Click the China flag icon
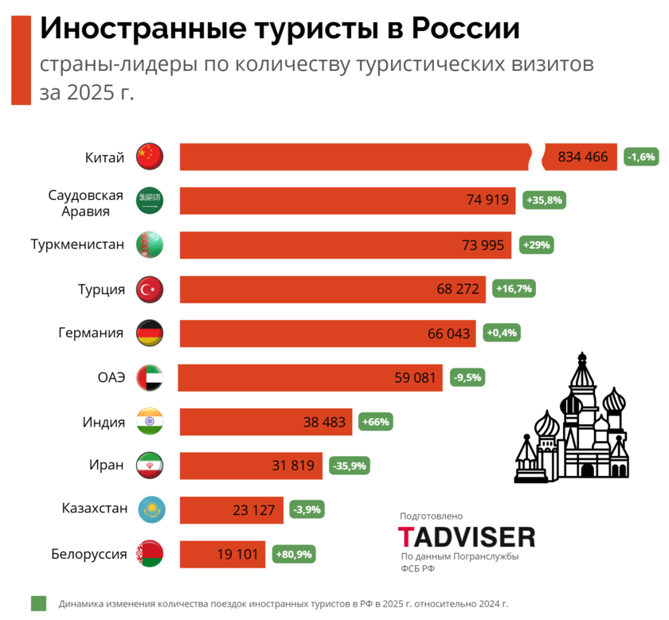[149, 157]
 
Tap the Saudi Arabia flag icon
[149, 201]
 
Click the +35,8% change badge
[544, 201]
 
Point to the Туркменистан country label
[77, 244]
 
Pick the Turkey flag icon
[149, 289]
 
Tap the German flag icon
[149, 333]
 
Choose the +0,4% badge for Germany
[499, 333]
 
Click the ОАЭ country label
[111, 377]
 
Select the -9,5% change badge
[467, 377]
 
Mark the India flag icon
[149, 422]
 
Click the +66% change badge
[376, 422]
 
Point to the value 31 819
[293, 466]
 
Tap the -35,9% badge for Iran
[349, 466]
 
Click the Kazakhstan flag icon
[149, 509]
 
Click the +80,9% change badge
[294, 554]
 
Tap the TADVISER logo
[467, 536]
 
